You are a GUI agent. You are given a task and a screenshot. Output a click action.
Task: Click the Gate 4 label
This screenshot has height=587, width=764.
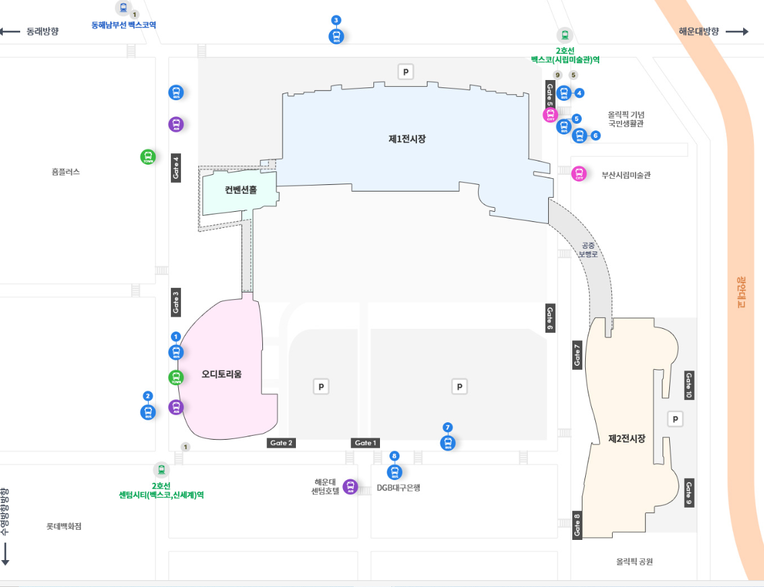click(x=176, y=167)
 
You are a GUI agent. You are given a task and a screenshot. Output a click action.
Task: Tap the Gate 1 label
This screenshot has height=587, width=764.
click(x=365, y=442)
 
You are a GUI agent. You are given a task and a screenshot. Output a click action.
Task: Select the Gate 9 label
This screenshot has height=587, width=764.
click(x=689, y=494)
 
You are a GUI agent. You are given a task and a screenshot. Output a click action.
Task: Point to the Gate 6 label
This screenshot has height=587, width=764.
click(x=549, y=318)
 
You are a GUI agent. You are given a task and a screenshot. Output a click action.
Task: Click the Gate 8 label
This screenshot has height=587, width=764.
click(x=577, y=525)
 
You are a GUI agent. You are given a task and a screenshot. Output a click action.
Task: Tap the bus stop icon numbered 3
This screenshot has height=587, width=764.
click(x=336, y=36)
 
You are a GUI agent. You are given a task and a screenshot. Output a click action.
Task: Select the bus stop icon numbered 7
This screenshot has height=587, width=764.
click(x=448, y=443)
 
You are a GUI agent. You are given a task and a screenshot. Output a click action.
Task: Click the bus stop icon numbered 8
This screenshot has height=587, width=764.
click(x=395, y=472)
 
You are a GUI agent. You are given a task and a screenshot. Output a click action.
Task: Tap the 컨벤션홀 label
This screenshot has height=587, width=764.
click(x=241, y=190)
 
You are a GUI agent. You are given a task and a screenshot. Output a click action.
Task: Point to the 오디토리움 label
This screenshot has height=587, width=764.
click(x=222, y=374)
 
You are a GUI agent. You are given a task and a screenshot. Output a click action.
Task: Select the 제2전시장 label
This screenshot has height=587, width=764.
click(x=627, y=438)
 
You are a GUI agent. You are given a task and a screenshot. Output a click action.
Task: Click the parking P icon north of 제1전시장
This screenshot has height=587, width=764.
click(x=405, y=71)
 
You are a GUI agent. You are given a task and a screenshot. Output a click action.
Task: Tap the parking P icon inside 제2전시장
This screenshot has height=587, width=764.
click(x=675, y=420)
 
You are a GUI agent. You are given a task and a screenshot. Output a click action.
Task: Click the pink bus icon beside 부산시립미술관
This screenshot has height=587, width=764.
click(x=578, y=174)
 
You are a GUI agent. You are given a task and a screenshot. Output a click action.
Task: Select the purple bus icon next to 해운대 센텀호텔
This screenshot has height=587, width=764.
click(x=350, y=487)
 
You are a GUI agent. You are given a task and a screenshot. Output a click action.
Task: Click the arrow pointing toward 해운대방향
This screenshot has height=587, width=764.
click(x=737, y=32)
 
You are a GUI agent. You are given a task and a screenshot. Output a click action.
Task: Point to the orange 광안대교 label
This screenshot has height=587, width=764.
click(x=741, y=291)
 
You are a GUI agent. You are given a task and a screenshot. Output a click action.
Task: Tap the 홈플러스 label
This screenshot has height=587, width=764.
click(x=65, y=171)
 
